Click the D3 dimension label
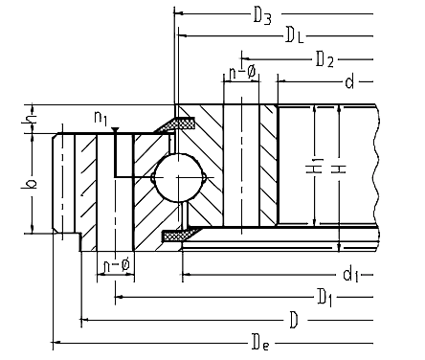262,16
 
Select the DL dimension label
295,35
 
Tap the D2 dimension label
324,59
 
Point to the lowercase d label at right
349,82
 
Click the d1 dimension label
350,275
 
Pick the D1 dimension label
324,298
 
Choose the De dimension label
260,343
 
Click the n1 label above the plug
101,118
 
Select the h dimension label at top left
29,118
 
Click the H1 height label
315,166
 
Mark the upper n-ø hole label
242,73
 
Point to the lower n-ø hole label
117,265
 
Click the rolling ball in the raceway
178,177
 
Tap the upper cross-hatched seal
177,124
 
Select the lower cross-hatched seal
179,235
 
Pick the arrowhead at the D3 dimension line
178,13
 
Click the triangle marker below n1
115,129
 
